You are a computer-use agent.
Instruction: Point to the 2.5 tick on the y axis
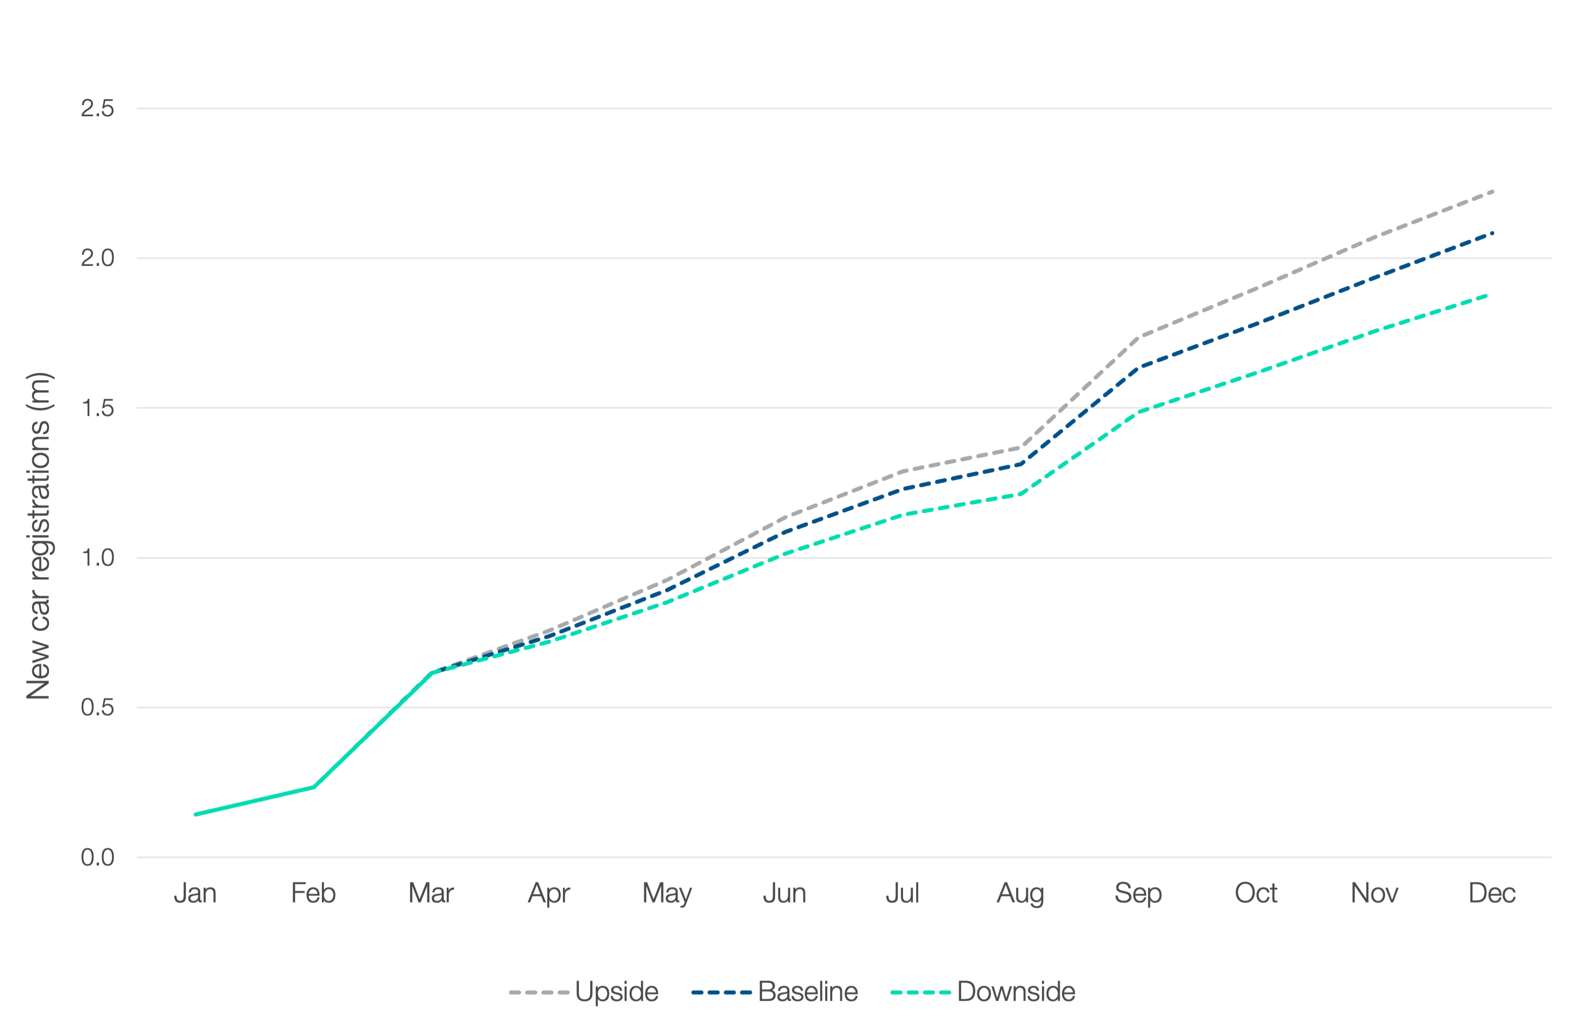[98, 108]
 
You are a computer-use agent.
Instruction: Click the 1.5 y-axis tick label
[98, 408]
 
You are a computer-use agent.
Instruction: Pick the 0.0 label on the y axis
[98, 857]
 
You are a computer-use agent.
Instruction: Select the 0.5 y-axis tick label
[98, 707]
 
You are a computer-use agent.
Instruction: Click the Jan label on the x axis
[196, 893]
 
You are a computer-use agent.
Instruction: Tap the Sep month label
[1138, 893]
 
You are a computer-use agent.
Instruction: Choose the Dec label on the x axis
[1492, 893]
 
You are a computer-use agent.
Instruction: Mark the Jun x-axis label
[785, 893]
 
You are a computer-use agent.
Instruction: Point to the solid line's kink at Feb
[314, 787]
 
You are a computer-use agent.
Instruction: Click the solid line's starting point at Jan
[196, 814]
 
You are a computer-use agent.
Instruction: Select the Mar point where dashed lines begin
[432, 672]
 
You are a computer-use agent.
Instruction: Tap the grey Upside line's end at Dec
[1492, 192]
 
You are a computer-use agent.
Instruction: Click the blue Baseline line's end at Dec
[1492, 233]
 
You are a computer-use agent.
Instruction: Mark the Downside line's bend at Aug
[1020, 494]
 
